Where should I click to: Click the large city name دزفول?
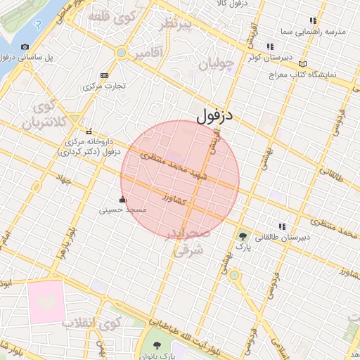coord(214,115)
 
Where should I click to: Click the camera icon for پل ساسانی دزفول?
coord(25,47)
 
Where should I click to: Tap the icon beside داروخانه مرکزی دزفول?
coord(89,131)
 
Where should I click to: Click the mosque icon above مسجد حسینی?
coord(124,200)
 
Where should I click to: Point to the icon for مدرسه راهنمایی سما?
coord(313,22)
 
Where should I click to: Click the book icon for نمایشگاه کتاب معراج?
coord(303,63)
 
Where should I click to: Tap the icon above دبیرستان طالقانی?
coord(282,226)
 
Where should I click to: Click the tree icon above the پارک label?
coord(243,237)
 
